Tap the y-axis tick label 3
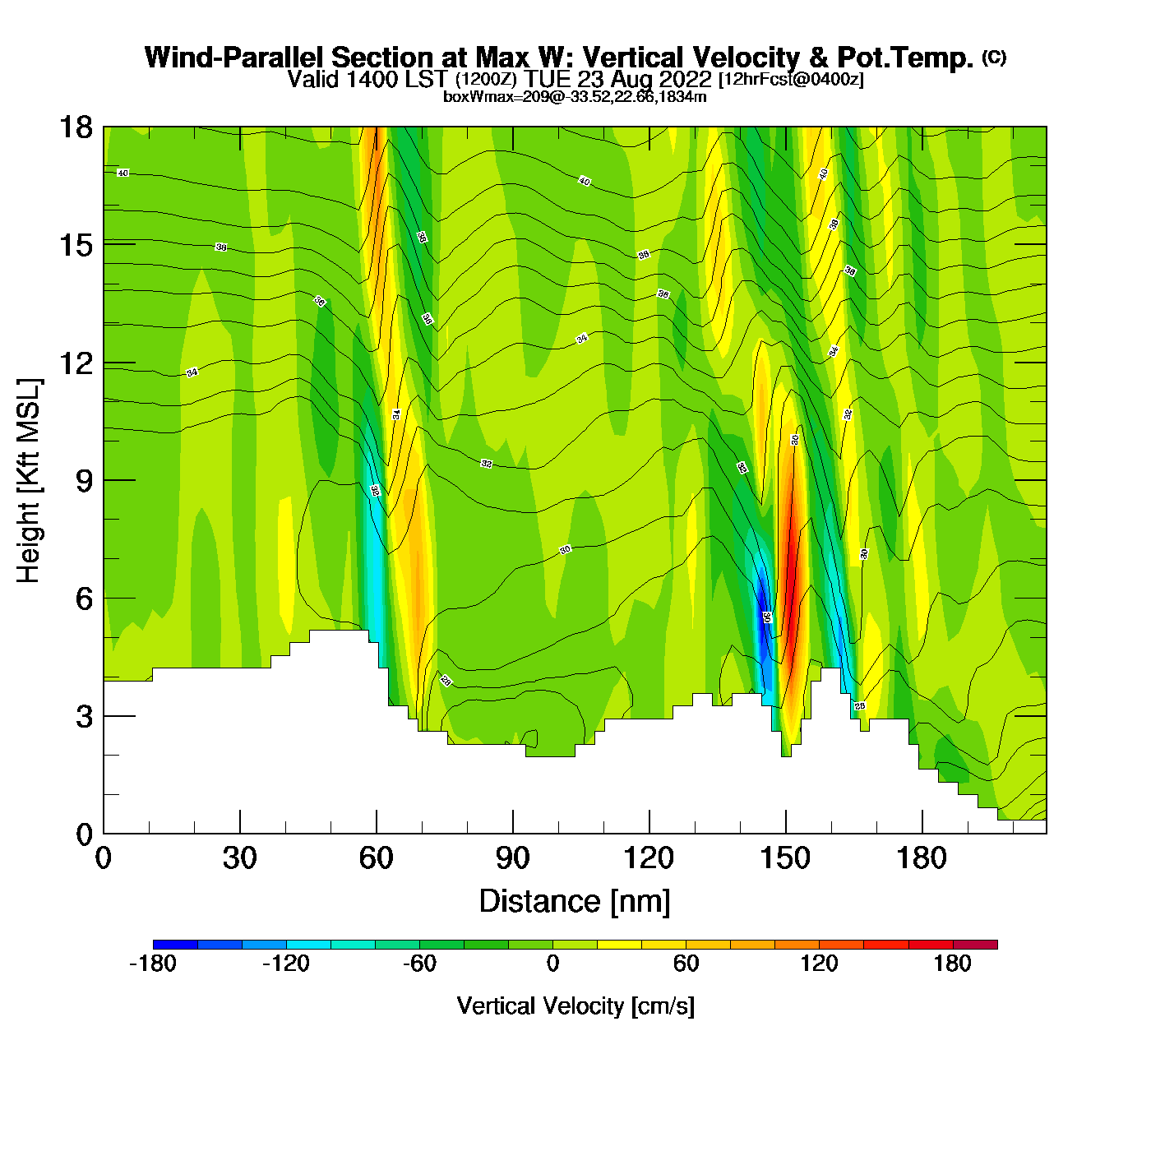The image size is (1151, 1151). click(84, 716)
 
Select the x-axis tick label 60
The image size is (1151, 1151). click(376, 858)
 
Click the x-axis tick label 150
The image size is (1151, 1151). click(785, 858)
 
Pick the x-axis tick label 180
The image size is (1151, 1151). click(922, 858)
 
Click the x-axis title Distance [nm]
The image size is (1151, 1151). click(575, 902)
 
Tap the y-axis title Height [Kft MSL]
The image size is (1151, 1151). click(29, 481)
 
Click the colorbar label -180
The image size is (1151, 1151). click(153, 964)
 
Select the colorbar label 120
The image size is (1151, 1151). click(819, 964)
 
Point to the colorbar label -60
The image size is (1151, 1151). click(419, 964)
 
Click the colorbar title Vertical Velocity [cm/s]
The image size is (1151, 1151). click(575, 1005)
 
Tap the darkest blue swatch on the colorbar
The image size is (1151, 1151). click(175, 945)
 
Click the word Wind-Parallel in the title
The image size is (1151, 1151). click(235, 58)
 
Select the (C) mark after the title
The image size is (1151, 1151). click(994, 57)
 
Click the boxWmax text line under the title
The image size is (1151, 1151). click(575, 97)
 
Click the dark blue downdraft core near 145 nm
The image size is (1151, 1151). click(763, 608)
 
